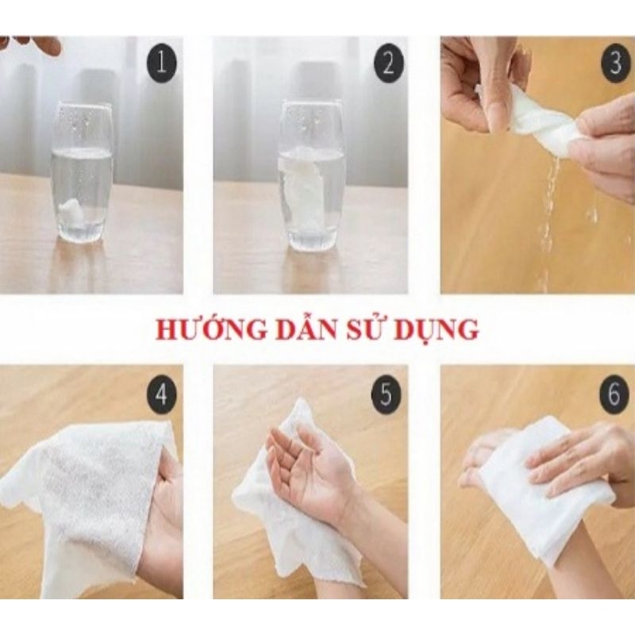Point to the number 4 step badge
(161, 394)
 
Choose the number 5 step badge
(387, 394)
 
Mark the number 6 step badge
(614, 394)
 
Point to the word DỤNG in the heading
(439, 329)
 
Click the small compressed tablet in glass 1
(73, 211)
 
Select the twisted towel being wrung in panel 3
(540, 123)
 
